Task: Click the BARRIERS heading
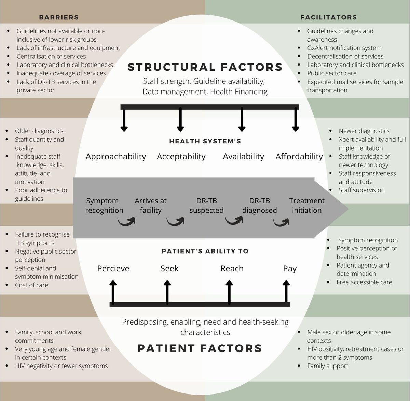coord(58,17)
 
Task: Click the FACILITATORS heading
coord(328,17)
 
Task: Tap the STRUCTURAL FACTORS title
coord(205,67)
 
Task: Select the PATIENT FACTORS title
coord(200,348)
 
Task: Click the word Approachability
coord(116,157)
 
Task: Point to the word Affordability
coord(299,157)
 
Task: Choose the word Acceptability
coord(181,157)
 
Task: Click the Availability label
coord(243,157)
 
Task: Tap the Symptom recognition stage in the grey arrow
coord(104,205)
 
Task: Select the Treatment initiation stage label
coord(307,205)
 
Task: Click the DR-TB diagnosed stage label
coord(259,205)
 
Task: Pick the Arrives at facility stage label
coord(151,205)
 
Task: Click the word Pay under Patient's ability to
coord(289,269)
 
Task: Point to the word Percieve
coord(113,269)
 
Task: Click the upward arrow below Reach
coord(230,292)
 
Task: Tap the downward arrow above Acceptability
coord(180,119)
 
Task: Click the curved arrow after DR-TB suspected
coord(234,221)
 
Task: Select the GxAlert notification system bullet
coord(344,48)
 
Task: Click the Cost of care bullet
coord(31,285)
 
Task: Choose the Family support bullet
coord(328,366)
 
